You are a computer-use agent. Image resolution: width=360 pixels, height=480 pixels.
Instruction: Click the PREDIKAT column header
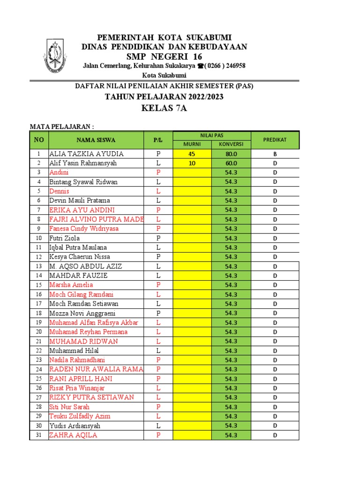point(275,140)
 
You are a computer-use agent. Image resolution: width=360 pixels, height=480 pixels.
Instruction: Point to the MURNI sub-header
point(192,144)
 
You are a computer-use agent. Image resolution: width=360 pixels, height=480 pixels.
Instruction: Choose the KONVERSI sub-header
point(231,144)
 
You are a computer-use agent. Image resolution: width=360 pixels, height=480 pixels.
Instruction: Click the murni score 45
point(192,154)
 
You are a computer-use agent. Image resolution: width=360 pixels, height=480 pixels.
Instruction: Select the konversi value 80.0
point(231,154)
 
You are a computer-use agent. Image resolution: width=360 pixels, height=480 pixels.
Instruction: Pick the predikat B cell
point(275,154)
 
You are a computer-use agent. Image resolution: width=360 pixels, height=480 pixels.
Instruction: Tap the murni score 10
point(192,163)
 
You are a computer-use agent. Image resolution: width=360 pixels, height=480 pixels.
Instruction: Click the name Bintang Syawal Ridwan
point(83,182)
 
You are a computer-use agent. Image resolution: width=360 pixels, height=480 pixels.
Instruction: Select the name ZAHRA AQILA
point(73,435)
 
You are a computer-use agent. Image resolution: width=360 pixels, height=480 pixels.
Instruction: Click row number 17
point(38,304)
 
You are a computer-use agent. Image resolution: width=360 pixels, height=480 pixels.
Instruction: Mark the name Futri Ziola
point(65,238)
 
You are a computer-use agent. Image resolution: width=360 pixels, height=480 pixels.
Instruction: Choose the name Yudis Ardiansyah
point(75,426)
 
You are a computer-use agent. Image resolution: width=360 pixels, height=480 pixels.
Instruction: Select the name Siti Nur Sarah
point(69,407)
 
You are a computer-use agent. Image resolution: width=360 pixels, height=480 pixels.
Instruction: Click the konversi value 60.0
point(231,163)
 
